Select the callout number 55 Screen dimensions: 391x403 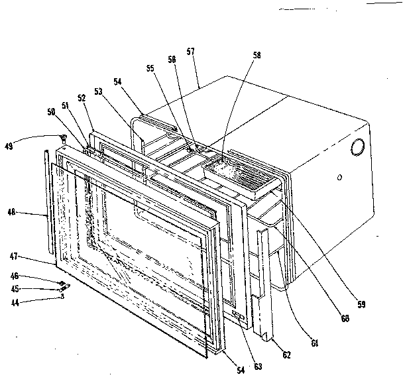150,68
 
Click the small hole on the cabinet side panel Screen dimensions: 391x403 338,178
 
